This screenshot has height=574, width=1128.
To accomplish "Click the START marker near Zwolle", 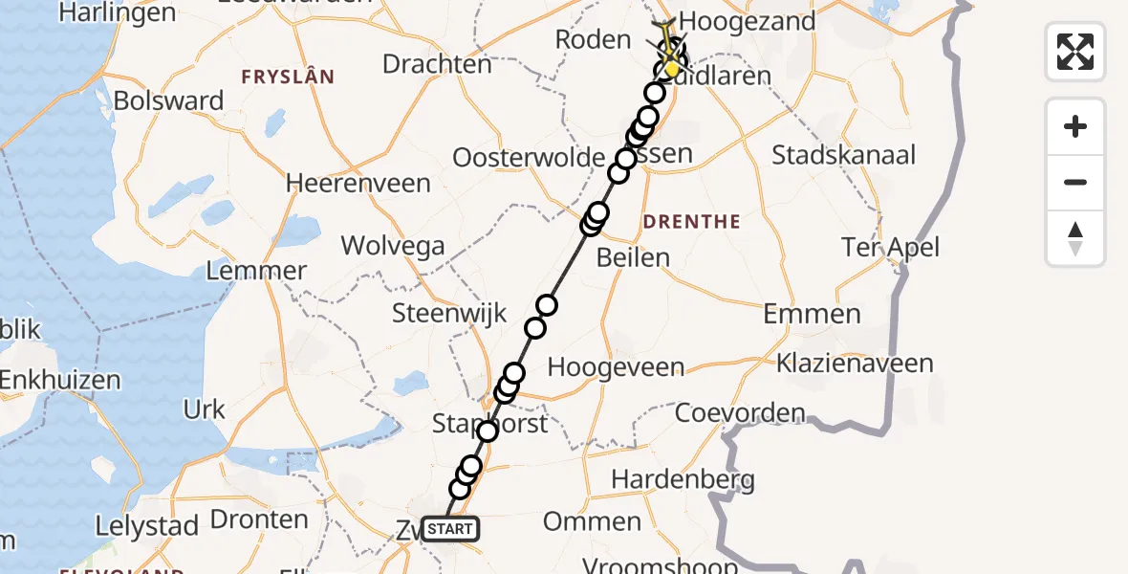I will pos(448,529).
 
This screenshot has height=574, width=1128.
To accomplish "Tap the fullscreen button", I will pos(1075,52).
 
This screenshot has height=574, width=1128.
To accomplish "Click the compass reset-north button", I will pos(1075,238).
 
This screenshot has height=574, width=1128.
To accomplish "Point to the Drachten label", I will pos(437,64).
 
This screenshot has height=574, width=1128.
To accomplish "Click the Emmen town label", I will pos(812,314).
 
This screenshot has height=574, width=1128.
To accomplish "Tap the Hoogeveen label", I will pos(616,368).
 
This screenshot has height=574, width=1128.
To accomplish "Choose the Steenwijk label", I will pos(440,313).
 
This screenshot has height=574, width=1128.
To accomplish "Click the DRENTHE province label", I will pos(692,222).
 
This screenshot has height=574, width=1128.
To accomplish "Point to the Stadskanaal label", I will pos(843,155).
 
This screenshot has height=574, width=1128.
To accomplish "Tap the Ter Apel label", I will pos(891,248).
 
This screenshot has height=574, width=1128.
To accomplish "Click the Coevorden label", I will pos(740,413).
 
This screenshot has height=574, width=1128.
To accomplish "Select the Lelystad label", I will pos(146,525).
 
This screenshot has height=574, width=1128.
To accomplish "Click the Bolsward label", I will pos(168,101).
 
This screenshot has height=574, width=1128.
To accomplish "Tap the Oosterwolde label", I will pos(529,158).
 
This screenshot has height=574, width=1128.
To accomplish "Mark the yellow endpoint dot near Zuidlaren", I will pos(673,68).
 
